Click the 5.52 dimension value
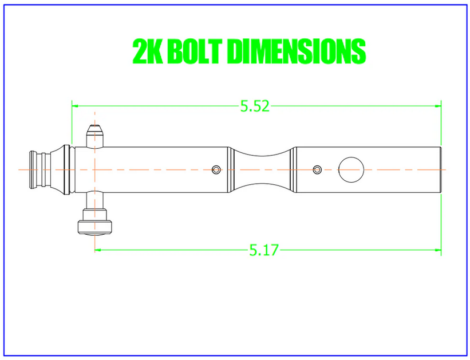tap(255, 106)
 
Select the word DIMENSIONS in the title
tap(296, 52)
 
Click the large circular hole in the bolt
tap(351, 169)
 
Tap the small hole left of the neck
tap(216, 169)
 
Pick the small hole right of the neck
tap(317, 169)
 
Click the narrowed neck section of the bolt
tap(261, 170)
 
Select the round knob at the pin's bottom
tap(94, 222)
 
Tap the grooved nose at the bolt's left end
tap(38, 170)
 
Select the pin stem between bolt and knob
tap(94, 200)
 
